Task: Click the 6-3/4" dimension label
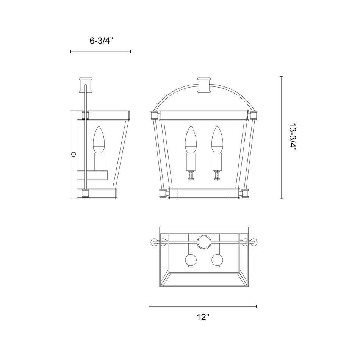[100, 41]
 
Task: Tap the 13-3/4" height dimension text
[293, 138]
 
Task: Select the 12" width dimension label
[203, 317]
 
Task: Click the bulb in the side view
[99, 137]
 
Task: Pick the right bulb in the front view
[217, 138]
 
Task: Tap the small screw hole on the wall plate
[74, 154]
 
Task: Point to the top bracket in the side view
[86, 85]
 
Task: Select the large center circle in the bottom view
[204, 241]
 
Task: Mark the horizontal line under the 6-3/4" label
[100, 52]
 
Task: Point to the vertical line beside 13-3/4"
[281, 138]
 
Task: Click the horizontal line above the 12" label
[203, 306]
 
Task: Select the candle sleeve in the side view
[99, 161]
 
